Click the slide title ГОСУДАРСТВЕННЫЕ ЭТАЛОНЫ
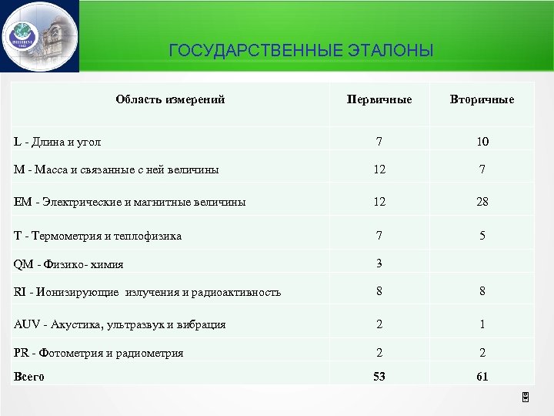pos(301,52)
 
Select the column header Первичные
pos(379,99)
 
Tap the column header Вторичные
pos(482,99)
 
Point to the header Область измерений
pos(170,99)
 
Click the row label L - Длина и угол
pos(58,142)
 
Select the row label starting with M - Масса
pos(116,169)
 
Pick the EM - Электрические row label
pos(130,203)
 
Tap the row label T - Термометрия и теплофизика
pos(98,236)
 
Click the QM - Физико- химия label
pos(69,264)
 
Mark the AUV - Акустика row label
pos(120,324)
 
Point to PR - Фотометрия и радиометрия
pos(99,353)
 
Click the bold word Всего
pos(29,377)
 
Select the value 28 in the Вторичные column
pos(482,202)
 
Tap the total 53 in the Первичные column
pos(379,377)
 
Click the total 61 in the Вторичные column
pos(482,377)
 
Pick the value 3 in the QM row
pos(379,263)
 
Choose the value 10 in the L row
pos(482,142)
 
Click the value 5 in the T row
pos(482,236)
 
